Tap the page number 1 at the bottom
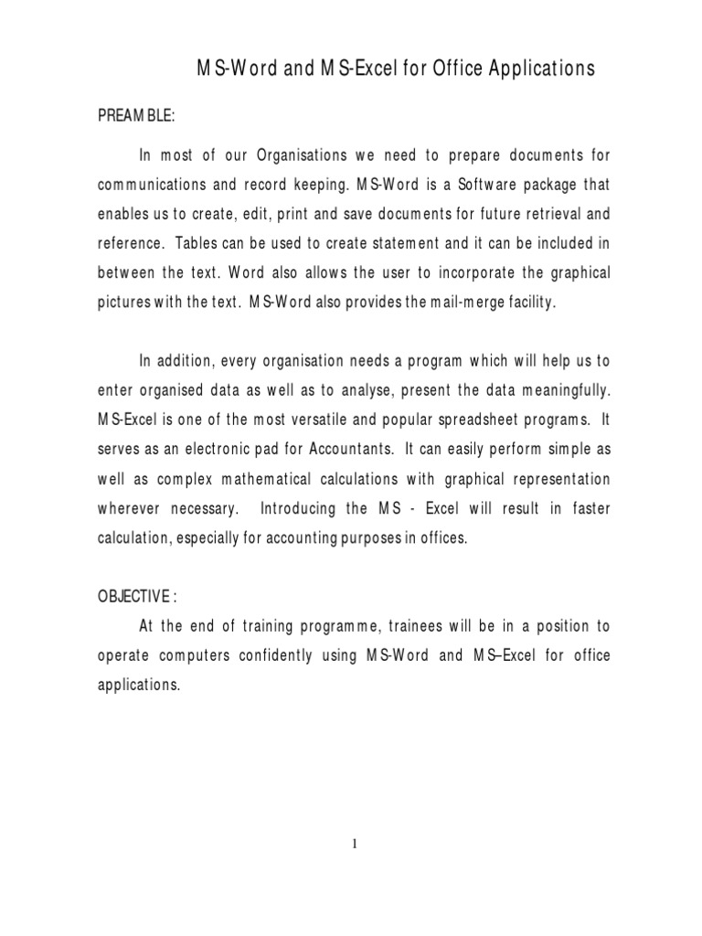(356, 844)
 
